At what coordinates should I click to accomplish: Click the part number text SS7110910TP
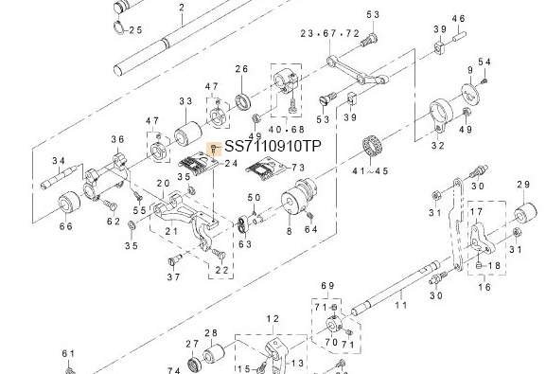[x=273, y=147]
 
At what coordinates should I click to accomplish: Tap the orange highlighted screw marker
[x=214, y=149]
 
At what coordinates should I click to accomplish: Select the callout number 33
[x=186, y=101]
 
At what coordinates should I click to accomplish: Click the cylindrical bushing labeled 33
[x=187, y=134]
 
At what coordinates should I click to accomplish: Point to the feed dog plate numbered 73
[x=267, y=169]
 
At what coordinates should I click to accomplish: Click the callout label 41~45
[x=370, y=171]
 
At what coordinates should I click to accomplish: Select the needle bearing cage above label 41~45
[x=371, y=147]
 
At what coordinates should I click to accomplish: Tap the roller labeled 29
[x=526, y=214]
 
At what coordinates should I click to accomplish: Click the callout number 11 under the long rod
[x=401, y=305]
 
